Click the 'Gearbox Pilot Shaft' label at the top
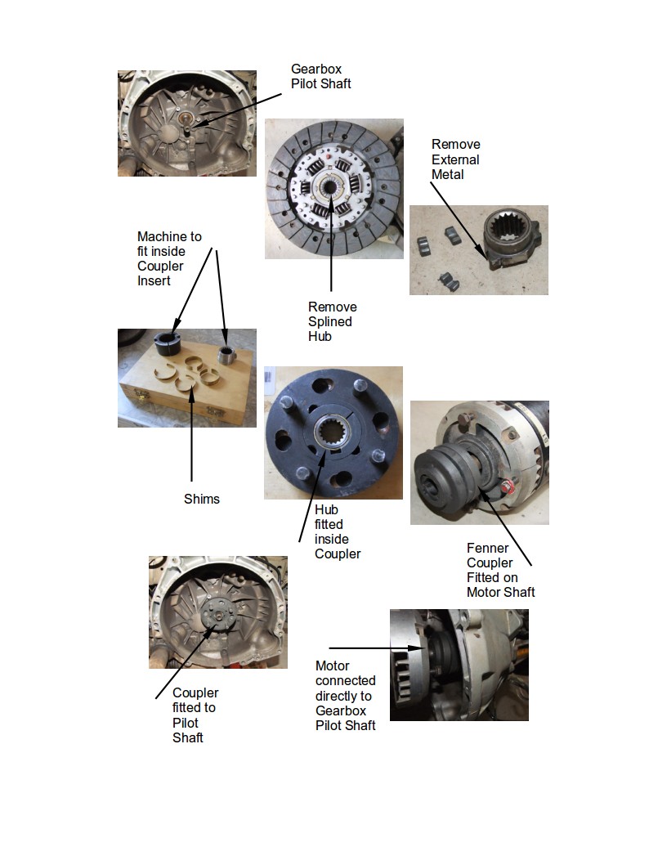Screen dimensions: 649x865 click(321, 76)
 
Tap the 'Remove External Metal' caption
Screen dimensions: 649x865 click(455, 159)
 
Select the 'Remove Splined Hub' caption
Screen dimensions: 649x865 click(332, 321)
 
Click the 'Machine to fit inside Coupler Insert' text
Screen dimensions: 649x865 click(169, 258)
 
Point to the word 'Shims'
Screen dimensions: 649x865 click(202, 499)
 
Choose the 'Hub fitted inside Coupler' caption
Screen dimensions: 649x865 click(338, 531)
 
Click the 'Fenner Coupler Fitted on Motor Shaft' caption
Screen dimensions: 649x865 click(501, 571)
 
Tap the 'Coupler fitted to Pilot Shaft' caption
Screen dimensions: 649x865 click(195, 715)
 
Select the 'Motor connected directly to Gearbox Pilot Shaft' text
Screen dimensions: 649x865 click(345, 696)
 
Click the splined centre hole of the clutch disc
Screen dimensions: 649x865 click(331, 187)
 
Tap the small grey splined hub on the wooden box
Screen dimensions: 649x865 click(226, 355)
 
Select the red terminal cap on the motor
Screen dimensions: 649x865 click(509, 487)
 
